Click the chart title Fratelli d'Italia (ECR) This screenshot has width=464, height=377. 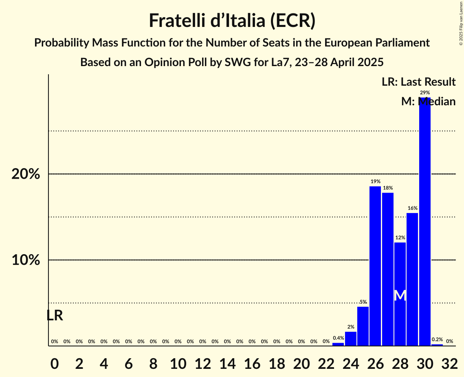(x=232, y=20)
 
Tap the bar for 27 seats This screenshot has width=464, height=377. (x=388, y=269)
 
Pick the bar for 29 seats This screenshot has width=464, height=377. (x=412, y=279)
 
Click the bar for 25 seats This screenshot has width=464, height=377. (x=363, y=326)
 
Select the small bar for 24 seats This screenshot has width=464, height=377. (x=351, y=339)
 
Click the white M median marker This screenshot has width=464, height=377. (x=400, y=295)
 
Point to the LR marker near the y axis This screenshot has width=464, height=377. (x=55, y=315)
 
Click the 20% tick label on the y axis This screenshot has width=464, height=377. (x=26, y=174)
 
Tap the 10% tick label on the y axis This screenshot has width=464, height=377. (x=26, y=260)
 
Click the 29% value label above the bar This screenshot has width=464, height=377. (x=425, y=93)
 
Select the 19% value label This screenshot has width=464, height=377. (x=375, y=181)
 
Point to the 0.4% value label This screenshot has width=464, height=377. (x=338, y=338)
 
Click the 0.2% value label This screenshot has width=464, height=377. (x=437, y=339)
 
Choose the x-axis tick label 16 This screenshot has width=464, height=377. (x=252, y=362)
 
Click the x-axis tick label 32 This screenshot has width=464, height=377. (x=449, y=362)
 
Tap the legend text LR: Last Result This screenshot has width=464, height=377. (x=418, y=82)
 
